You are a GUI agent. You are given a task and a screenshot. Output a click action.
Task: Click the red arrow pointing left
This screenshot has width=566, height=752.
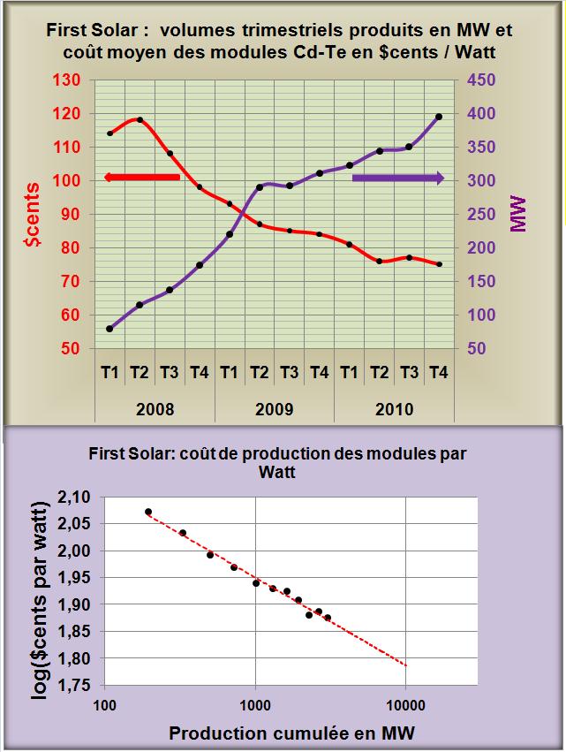pyautogui.click(x=141, y=178)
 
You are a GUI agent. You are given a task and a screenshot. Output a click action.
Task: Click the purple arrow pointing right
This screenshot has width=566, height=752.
pyautogui.click(x=397, y=179)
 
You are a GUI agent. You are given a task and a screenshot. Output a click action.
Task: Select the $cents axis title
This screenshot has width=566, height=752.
pyautogui.click(x=33, y=215)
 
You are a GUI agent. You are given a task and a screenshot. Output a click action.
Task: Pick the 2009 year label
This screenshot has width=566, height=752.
pyautogui.click(x=274, y=410)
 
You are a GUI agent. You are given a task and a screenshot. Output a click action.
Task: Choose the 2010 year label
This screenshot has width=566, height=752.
pyautogui.click(x=393, y=410)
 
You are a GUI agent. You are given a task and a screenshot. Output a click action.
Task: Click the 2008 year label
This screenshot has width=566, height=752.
pyautogui.click(x=155, y=410)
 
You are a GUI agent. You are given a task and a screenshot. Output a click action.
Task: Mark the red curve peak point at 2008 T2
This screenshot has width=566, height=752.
pyautogui.click(x=140, y=120)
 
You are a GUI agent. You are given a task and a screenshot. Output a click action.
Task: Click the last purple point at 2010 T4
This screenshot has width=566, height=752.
pyautogui.click(x=439, y=117)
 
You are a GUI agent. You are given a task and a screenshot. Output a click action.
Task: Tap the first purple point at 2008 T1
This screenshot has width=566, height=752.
pyautogui.click(x=109, y=329)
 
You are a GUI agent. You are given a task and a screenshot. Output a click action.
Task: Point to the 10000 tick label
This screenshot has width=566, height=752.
pyautogui.click(x=405, y=705)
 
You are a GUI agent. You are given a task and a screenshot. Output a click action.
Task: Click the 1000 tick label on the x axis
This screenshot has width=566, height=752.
pyautogui.click(x=255, y=705)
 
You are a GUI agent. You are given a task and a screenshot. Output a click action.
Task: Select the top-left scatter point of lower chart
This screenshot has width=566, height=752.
pyautogui.click(x=148, y=512)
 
